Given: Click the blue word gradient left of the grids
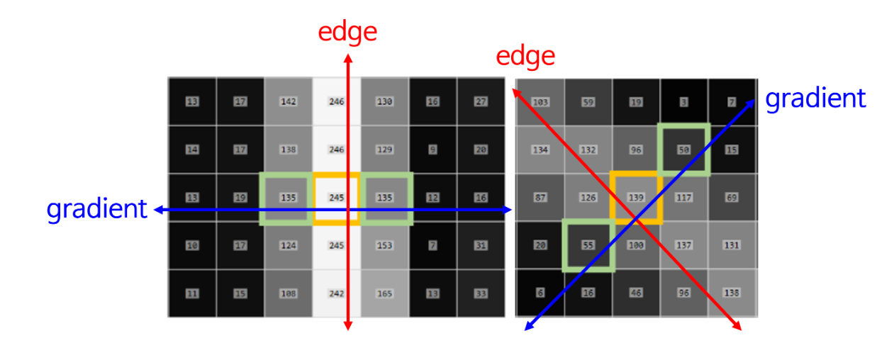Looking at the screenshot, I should point(96,210).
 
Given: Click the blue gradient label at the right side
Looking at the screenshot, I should point(815,99).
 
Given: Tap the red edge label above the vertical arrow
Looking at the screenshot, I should point(347,33).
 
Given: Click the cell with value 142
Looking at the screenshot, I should point(289,101).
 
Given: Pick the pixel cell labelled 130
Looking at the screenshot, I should point(384,101).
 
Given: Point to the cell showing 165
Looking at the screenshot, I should point(384,293).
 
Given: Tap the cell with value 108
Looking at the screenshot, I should point(289,293).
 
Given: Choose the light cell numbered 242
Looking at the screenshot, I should point(337,293).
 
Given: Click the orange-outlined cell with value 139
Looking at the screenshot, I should point(636,197).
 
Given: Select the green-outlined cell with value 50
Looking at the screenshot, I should point(683,150).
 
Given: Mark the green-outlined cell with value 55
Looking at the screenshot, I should point(588,245).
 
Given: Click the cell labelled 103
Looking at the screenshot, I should point(540,102).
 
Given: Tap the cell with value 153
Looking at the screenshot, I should point(384,245).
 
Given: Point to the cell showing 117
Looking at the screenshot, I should point(683,197).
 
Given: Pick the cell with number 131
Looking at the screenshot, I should point(732,245).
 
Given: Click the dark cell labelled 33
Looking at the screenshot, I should point(481,293).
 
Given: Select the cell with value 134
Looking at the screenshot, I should point(540,150).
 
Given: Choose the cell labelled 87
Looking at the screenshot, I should point(540,197).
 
